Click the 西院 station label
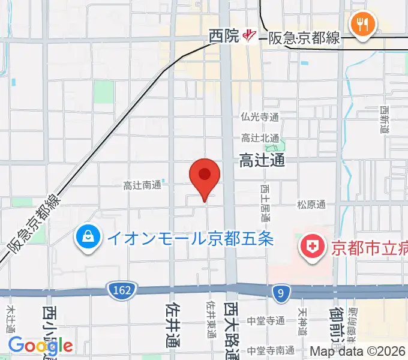coord(224,37)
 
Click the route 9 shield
coord(280,292)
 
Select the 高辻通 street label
coord(262,160)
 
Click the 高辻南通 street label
coord(142,185)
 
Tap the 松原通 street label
coord(311,205)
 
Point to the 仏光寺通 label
coord(260,117)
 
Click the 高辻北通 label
coord(260,138)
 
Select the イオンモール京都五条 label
coord(190,238)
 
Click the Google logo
coord(40,345)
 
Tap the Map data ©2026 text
coord(358,351)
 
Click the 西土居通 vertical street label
coord(265,203)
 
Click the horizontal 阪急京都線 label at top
coord(303,38)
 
